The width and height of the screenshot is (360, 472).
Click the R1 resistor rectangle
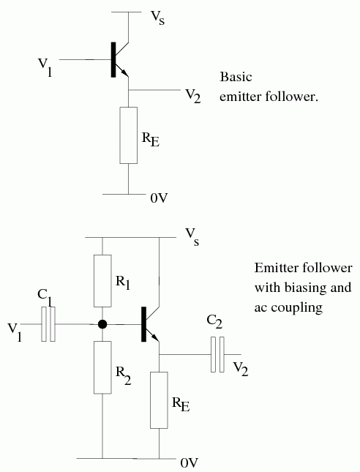102,281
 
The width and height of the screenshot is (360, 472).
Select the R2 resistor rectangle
102,367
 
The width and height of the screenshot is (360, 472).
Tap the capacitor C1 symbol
48,324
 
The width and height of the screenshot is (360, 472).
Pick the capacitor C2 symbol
217,354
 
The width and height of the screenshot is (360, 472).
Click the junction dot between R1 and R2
102,324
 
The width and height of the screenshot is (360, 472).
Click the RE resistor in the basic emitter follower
129,135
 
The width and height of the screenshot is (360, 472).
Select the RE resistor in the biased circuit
159,400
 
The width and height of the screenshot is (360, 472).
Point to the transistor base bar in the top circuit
113,59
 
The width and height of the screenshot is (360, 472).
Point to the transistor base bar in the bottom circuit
144,324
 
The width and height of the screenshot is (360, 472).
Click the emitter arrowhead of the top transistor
125,73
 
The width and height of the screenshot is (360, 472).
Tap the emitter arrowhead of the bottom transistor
156,338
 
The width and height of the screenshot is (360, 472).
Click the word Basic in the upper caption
236,77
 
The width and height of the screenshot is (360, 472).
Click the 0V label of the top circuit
159,198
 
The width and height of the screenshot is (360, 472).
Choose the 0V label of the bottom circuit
190,462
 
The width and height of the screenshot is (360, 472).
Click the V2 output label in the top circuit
193,96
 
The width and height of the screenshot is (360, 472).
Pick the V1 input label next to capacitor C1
15,331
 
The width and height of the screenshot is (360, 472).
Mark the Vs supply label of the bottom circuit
192,236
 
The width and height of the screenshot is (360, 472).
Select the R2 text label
124,376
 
